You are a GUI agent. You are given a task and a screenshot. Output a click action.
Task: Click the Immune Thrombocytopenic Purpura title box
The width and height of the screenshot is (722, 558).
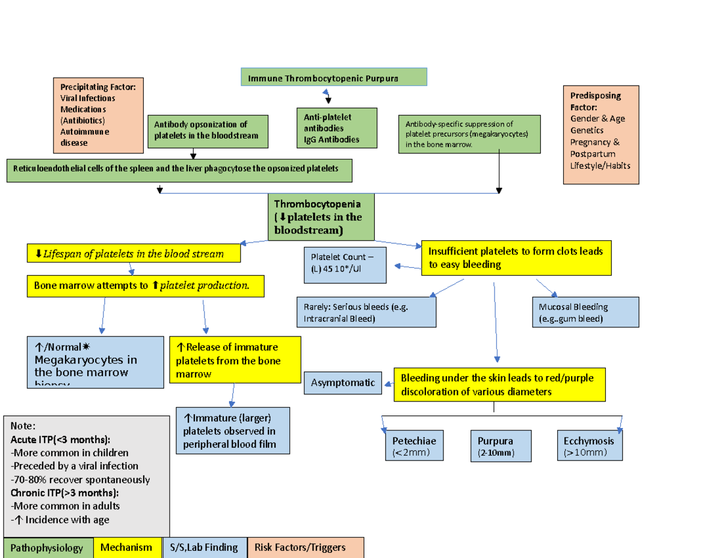[333, 78]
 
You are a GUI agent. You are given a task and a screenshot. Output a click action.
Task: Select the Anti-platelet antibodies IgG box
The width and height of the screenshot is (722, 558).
[336, 128]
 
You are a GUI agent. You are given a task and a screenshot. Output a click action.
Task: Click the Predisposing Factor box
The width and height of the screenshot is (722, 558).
[600, 135]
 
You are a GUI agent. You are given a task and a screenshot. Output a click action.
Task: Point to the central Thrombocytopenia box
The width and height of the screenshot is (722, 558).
[321, 217]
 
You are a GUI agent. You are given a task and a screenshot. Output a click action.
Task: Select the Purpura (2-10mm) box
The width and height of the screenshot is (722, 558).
[501, 446]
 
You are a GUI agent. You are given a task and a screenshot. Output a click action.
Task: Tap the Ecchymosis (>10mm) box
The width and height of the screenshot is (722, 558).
[589, 446]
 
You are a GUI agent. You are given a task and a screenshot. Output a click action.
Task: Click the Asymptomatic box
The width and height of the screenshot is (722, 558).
[342, 383]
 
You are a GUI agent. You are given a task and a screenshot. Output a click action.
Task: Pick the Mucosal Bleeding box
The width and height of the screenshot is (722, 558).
[585, 312]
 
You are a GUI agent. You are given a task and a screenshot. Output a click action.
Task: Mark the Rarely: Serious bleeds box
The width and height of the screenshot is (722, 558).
[366, 312]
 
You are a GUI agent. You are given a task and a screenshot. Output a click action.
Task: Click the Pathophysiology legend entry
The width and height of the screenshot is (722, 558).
[48, 548]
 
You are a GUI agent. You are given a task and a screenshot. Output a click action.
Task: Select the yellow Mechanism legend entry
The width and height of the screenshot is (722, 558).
[127, 548]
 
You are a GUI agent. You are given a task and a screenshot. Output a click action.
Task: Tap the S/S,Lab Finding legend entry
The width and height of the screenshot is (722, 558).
[205, 548]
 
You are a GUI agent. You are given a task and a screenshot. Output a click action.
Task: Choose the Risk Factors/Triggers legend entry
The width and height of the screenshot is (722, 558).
[305, 548]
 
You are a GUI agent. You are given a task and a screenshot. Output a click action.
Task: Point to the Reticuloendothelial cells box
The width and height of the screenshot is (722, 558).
[179, 170]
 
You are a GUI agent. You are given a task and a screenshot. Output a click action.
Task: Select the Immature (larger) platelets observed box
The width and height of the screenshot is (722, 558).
[233, 430]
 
